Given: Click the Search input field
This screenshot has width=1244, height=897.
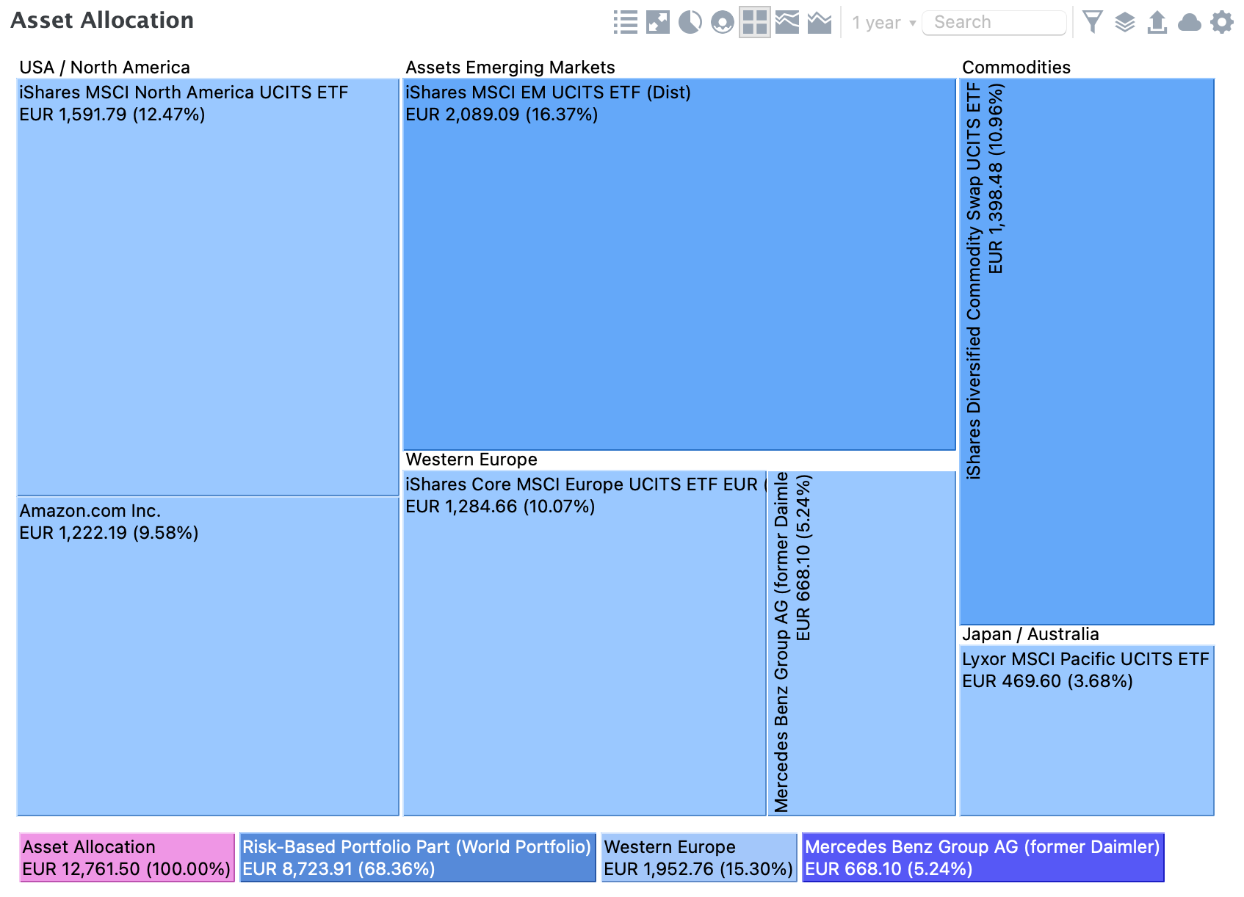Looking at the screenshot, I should tap(993, 23).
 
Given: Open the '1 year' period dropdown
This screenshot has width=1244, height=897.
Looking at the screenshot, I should tap(883, 23).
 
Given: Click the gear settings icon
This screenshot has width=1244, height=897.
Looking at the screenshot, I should tap(1221, 22).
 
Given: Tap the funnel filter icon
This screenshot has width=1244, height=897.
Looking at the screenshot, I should tap(1092, 22).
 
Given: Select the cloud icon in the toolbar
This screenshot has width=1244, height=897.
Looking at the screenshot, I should tap(1189, 23).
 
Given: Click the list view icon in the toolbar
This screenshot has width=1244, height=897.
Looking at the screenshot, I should tap(625, 22).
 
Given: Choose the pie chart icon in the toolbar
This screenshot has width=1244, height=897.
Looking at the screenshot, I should tap(690, 22).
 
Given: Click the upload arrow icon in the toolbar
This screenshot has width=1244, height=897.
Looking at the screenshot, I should tap(1157, 22).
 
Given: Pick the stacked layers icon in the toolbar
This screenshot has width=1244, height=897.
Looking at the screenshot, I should tap(1124, 22).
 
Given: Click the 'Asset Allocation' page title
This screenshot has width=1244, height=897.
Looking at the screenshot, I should tap(102, 21).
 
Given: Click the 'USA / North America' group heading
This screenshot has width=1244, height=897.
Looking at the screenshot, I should tap(104, 68).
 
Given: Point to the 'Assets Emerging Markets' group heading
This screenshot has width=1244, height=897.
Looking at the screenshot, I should tap(510, 68).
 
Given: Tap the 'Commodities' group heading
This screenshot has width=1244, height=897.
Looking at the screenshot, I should tap(1016, 68).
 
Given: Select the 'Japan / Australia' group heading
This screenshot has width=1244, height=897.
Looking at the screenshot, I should tap(1030, 634).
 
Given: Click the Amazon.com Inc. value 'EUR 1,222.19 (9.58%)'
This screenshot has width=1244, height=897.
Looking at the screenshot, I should tap(109, 533).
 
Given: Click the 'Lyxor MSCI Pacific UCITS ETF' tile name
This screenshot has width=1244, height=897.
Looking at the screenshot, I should tap(1085, 659).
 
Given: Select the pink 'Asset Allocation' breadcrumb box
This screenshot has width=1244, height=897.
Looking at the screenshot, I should tap(126, 857).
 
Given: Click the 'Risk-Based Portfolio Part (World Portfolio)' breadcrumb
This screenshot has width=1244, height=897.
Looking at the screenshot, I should tap(416, 857).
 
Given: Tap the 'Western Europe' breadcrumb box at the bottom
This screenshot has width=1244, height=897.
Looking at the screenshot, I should tap(698, 857).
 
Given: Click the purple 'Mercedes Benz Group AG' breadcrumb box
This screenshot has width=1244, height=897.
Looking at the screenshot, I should tap(982, 857).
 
